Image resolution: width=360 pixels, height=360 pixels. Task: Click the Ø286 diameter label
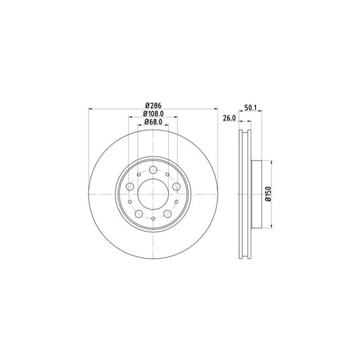153,105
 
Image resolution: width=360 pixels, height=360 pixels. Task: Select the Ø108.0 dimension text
153,113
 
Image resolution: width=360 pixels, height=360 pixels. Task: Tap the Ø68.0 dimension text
153,122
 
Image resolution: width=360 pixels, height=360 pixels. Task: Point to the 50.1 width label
251,107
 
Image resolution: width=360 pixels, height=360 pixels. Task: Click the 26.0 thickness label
230,118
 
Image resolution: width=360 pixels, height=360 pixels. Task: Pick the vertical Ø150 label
268,194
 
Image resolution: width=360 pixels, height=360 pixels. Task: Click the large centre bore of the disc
153,194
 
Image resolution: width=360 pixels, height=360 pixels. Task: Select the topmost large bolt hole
153,170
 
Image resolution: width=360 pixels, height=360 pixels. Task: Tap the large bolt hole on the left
130,186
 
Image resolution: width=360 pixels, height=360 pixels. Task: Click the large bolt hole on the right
176,186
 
